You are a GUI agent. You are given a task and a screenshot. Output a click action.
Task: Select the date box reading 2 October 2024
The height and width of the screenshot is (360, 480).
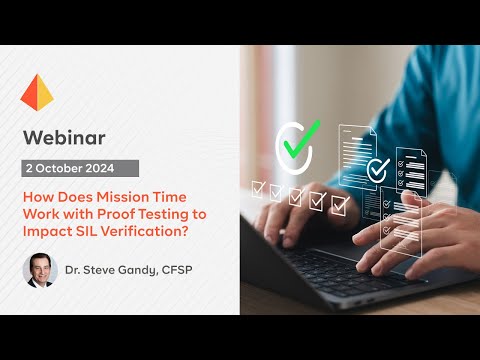coord(81,168)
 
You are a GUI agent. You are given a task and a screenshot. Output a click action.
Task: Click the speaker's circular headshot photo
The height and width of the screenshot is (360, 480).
coord(40,270)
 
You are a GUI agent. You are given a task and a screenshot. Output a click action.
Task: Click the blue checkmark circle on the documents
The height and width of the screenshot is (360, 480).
coord(377,170)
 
